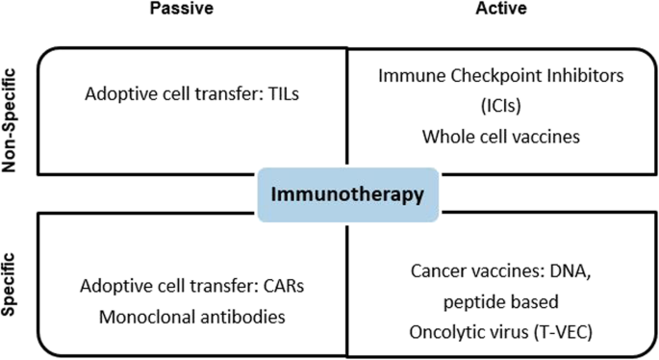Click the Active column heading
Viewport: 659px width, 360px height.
tap(501, 9)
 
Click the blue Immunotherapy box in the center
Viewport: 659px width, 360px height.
tap(347, 193)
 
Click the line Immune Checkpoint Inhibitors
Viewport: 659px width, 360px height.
tap(500, 75)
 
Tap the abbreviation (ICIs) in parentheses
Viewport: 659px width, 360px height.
tap(501, 105)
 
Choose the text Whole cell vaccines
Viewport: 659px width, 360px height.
tap(501, 136)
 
